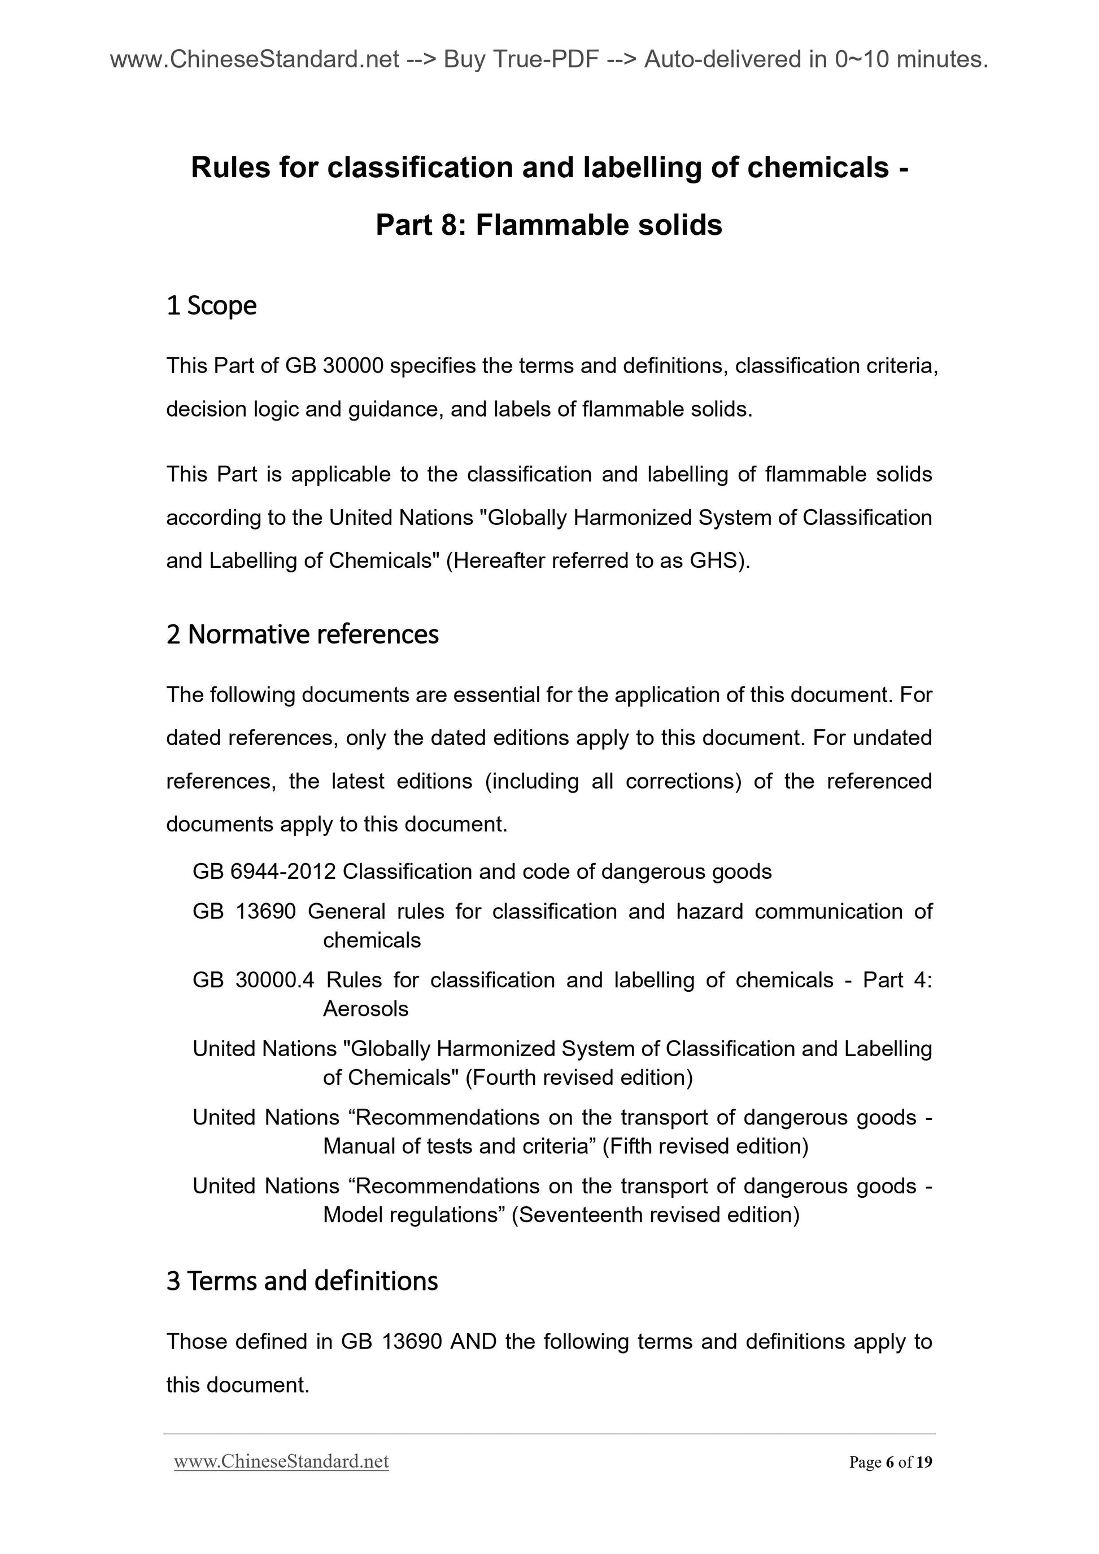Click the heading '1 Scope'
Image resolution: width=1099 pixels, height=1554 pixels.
[211, 305]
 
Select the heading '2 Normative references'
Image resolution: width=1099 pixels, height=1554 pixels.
[302, 634]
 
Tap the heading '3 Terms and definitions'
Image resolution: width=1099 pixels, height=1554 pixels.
[302, 1281]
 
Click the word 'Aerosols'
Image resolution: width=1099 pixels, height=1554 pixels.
[365, 1009]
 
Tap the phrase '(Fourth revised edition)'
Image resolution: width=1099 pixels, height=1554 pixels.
[579, 1077]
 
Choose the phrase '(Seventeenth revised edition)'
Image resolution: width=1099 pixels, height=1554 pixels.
[656, 1214]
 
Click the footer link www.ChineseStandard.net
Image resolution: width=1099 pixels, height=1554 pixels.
[281, 1461]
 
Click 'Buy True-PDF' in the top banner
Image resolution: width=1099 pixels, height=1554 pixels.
[521, 60]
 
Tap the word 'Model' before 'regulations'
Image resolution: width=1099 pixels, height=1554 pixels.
[353, 1214]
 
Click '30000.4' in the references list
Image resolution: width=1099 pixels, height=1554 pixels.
[275, 979]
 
